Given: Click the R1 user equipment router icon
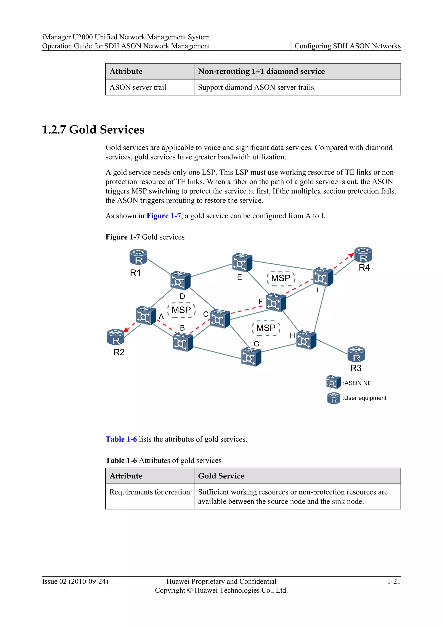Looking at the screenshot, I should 138,257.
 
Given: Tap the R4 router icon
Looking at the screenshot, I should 363,255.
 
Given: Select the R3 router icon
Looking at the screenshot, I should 356,354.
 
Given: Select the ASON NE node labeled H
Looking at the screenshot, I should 306,340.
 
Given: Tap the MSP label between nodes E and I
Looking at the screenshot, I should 281,278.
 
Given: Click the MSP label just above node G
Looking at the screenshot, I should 266,328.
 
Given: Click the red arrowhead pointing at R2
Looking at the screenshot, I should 126,330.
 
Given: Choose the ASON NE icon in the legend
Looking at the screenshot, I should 333,382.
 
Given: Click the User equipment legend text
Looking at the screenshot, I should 364,398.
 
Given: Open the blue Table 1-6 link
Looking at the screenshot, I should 121,439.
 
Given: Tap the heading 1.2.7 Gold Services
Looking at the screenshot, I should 93,129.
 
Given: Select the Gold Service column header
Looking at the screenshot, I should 221,476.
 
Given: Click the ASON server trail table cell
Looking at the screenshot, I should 138,87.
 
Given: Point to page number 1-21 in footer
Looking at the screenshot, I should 394,581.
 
